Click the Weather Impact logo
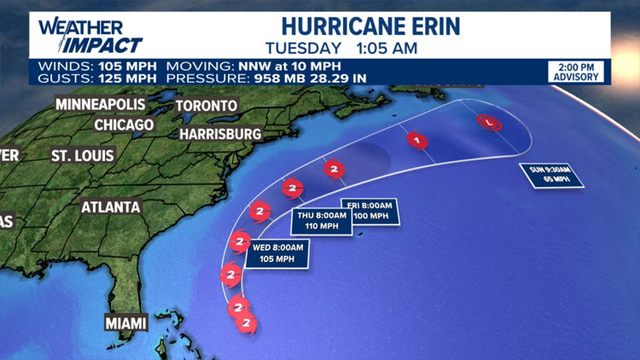[90, 35]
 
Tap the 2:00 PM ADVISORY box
[576, 72]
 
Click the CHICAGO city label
[124, 125]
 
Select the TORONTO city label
[206, 106]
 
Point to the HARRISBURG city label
[220, 134]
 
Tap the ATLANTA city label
[110, 207]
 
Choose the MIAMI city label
[126, 322]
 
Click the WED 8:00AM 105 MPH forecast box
[276, 253]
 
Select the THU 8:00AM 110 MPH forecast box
[323, 221]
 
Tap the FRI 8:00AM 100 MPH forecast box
[369, 210]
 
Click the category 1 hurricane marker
[416, 140]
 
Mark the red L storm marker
[487, 122]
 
